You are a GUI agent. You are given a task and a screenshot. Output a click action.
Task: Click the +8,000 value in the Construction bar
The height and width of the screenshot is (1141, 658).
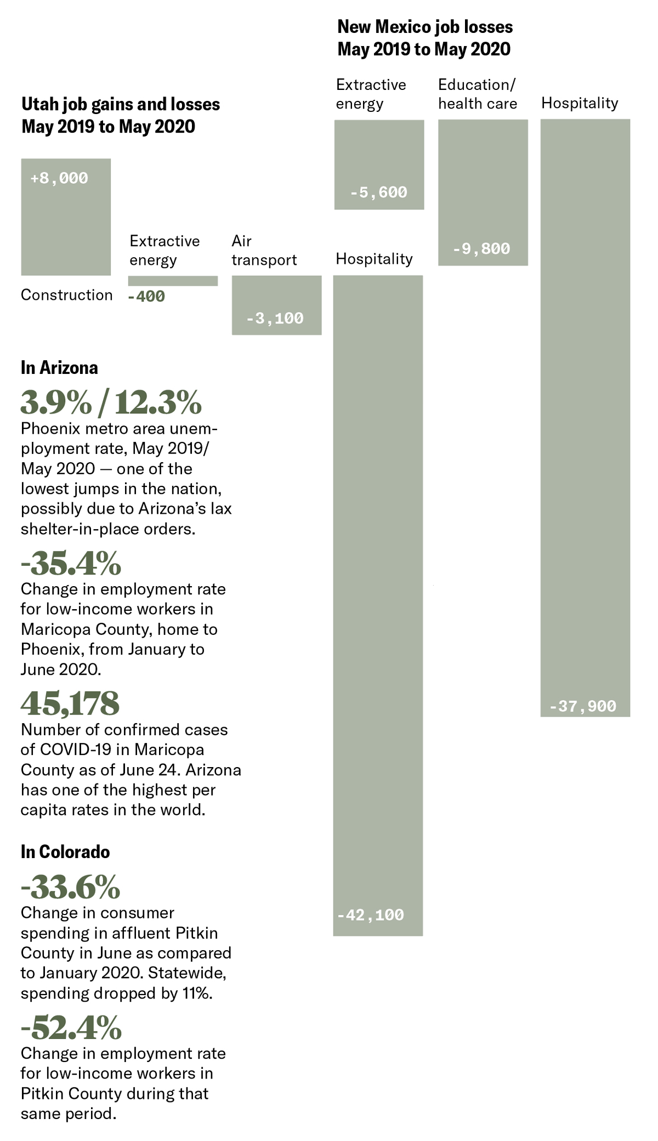59,178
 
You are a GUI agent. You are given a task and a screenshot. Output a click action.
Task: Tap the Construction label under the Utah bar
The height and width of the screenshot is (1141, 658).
66,295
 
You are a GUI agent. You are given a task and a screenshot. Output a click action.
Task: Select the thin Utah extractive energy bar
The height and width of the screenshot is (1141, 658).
173,281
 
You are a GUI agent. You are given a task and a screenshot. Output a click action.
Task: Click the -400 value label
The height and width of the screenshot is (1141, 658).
146,297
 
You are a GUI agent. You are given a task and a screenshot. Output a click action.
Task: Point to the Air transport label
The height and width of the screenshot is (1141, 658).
264,250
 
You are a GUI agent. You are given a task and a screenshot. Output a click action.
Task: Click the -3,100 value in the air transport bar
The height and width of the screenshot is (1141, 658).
275,318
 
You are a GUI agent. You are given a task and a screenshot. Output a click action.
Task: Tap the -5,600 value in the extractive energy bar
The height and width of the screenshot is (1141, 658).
379,192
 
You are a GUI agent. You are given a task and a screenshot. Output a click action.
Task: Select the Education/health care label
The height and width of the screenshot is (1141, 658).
478,94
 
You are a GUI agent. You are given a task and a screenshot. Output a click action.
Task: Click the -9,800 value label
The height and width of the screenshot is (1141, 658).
481,249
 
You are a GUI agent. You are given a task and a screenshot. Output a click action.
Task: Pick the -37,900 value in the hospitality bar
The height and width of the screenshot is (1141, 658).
583,706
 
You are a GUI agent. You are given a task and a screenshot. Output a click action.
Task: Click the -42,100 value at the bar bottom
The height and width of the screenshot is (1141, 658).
370,915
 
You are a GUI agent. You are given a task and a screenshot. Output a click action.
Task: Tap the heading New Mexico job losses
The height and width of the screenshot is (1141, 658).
425,38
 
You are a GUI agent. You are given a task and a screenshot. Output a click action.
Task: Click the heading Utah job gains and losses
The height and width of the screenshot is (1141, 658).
121,115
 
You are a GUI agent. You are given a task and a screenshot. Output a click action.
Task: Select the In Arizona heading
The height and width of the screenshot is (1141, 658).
59,367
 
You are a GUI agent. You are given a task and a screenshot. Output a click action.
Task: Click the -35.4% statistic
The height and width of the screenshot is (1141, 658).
71,563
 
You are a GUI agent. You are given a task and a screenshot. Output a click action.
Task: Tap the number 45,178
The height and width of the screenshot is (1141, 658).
70,703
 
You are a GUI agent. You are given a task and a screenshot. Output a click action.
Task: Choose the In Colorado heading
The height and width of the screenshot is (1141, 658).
65,852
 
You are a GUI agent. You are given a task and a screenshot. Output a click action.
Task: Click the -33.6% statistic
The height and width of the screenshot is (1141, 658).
70,887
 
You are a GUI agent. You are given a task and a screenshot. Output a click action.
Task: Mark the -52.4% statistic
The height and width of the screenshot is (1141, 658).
71,1027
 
